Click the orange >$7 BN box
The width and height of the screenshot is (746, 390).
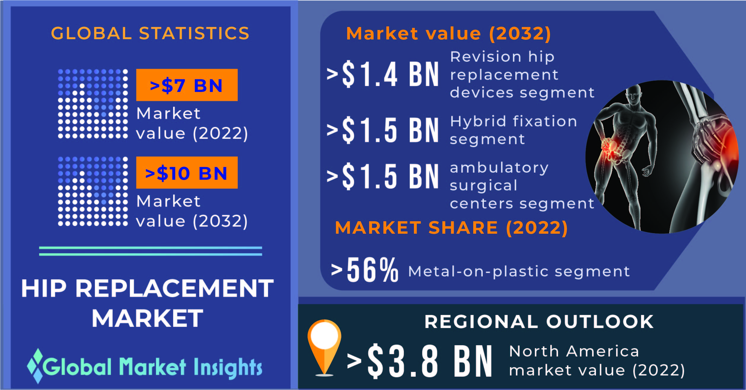pos(187,85)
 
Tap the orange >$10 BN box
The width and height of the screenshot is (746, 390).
pos(187,173)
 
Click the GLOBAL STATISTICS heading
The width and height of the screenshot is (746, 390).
pos(150,33)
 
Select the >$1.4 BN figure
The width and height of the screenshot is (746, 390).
pos(382,74)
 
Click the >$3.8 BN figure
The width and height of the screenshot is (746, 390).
pos(420,361)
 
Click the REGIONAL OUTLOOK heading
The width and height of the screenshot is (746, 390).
pos(539,321)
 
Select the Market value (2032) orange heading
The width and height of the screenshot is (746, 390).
pos(449,34)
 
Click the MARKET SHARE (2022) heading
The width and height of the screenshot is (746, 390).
pos(451,228)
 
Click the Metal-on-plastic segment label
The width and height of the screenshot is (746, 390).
pos(519,271)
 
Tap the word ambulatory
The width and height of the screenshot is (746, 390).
pos(499,168)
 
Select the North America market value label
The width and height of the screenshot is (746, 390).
pos(597,361)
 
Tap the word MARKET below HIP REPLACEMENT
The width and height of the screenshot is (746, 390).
pos(147,318)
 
